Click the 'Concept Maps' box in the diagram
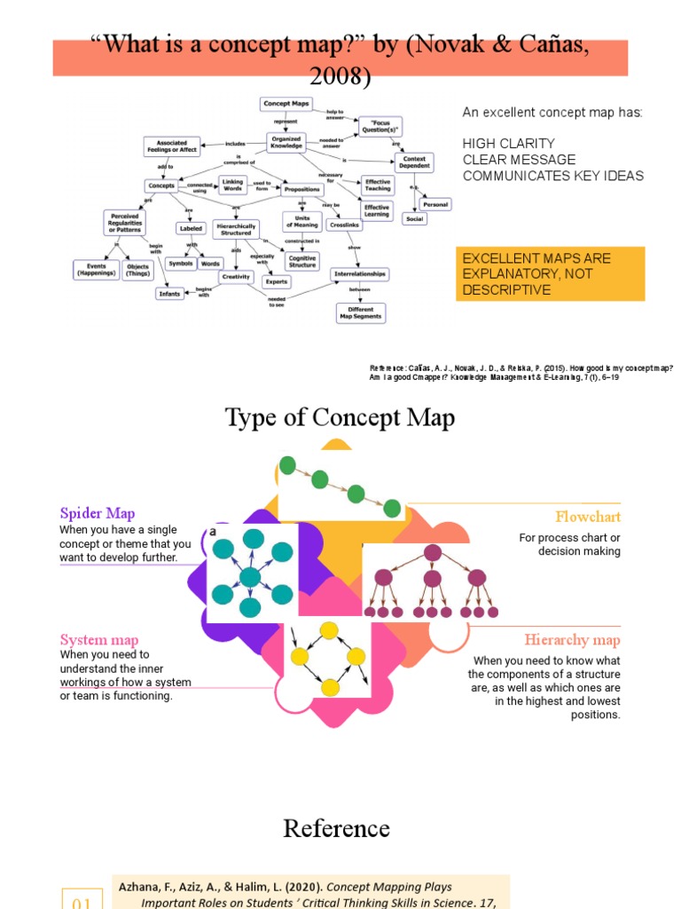(x=284, y=104)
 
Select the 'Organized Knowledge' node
(x=286, y=141)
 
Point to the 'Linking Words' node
(x=232, y=185)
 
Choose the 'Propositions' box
(x=302, y=188)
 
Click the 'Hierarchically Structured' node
(x=236, y=229)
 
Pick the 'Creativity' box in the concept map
(x=236, y=276)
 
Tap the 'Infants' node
(x=169, y=293)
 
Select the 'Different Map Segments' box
(x=360, y=312)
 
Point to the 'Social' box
(x=414, y=218)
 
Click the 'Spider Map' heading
(x=97, y=513)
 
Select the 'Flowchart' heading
(x=588, y=517)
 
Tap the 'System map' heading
(x=98, y=640)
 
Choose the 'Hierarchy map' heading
(x=572, y=640)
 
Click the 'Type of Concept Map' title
(x=340, y=417)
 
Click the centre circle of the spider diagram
(x=250, y=577)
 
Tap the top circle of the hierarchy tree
(x=433, y=553)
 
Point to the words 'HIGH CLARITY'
(x=508, y=144)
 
